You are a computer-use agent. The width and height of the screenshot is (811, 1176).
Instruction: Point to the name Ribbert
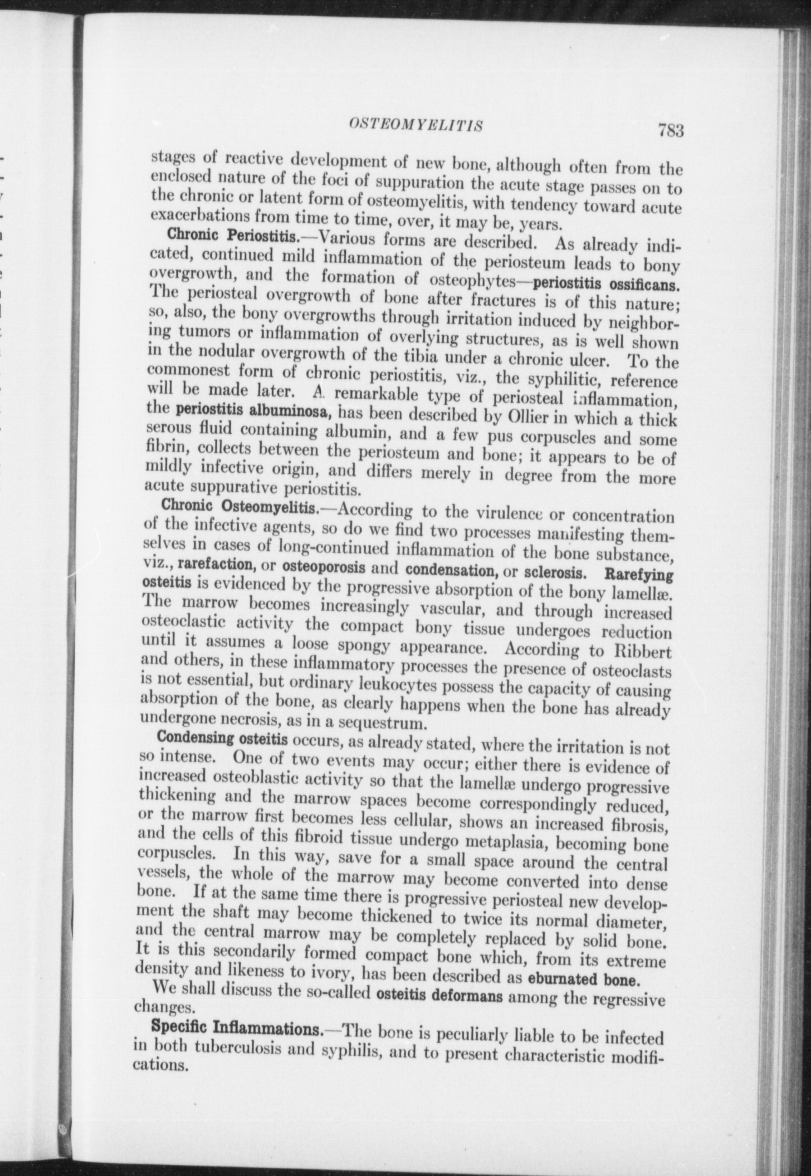644,652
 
